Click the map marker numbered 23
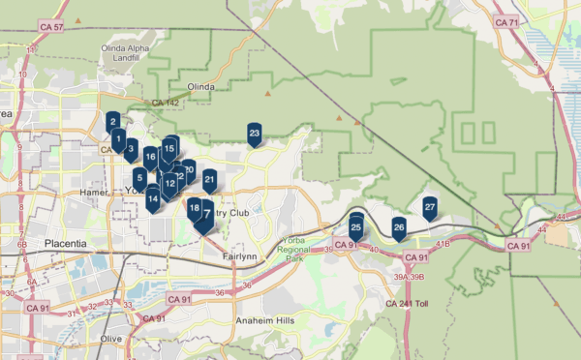(x=255, y=134)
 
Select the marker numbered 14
(x=153, y=199)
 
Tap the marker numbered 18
(x=195, y=208)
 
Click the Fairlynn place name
(x=239, y=256)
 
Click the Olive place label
(x=111, y=338)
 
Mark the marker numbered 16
(x=151, y=157)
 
